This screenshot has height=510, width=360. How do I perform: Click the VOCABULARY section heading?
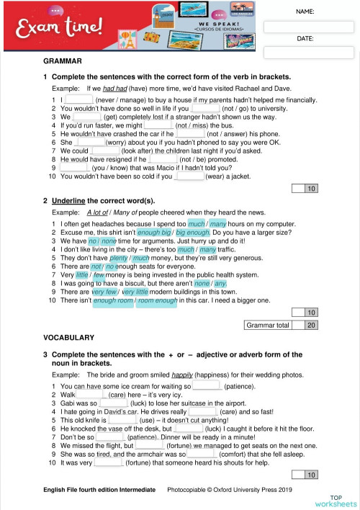tap(69, 337)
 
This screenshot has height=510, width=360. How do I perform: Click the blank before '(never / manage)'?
tap(79, 99)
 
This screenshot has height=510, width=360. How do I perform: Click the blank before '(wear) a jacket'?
tap(189, 176)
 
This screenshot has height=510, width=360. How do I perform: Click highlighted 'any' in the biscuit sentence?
tap(220, 283)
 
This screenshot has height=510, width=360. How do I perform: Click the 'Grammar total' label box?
tap(268, 326)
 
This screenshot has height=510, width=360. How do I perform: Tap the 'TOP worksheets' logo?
tap(336, 501)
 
